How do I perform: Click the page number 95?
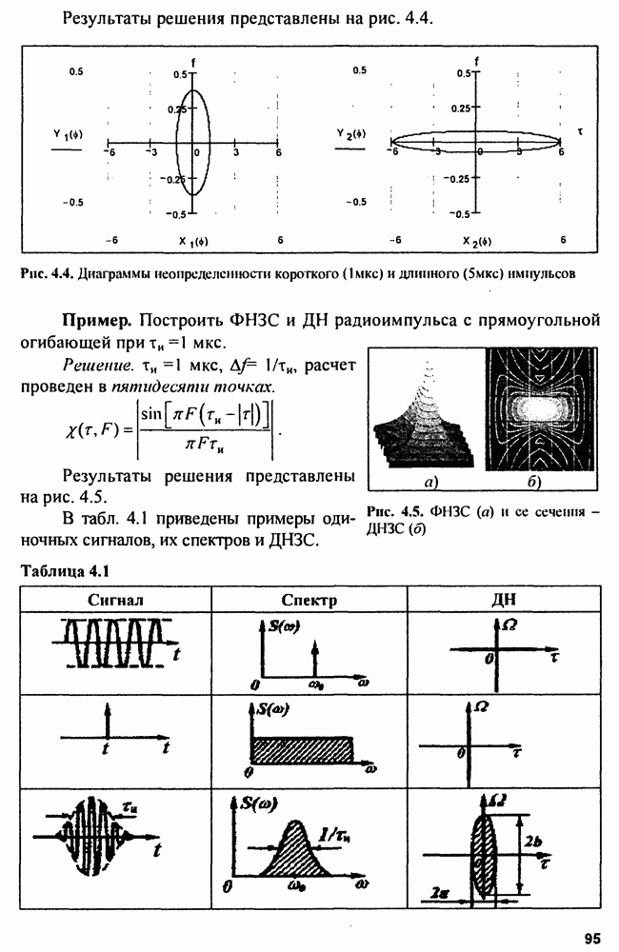tap(591, 938)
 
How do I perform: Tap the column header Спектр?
tap(309, 600)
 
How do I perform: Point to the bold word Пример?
tap(98, 317)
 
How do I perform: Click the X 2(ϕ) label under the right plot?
tap(480, 240)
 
